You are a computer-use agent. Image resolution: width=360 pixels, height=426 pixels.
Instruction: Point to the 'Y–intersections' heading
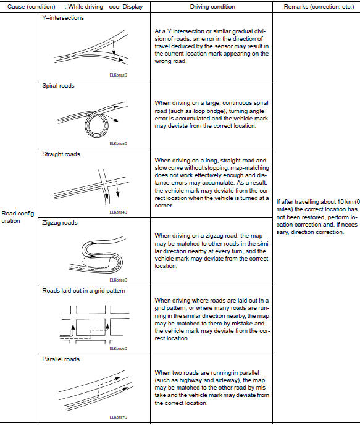click(59, 18)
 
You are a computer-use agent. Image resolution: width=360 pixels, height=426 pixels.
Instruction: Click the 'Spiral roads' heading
click(54, 86)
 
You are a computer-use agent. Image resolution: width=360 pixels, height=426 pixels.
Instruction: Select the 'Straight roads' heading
click(57, 154)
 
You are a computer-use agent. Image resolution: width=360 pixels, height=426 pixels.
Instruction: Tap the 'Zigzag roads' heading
click(56, 223)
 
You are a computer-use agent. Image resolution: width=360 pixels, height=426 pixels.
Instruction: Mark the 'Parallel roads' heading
click(57, 359)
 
